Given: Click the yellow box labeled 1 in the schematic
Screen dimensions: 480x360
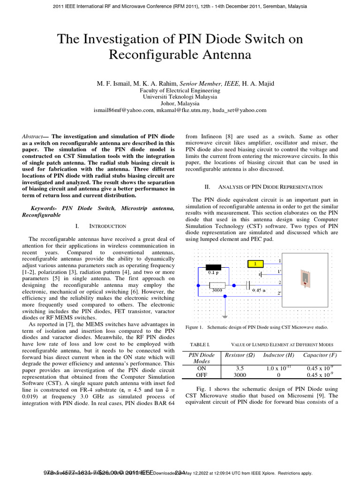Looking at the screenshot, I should (x=255, y=263).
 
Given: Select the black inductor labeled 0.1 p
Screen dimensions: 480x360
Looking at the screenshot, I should (x=214, y=268).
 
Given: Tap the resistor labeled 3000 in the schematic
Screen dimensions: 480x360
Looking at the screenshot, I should (x=217, y=285).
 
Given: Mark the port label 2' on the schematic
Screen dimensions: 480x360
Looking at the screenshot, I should (x=280, y=294).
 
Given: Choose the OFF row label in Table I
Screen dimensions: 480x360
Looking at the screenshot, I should (x=202, y=375).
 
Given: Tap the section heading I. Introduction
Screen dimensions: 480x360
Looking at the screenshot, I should (x=101, y=226).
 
